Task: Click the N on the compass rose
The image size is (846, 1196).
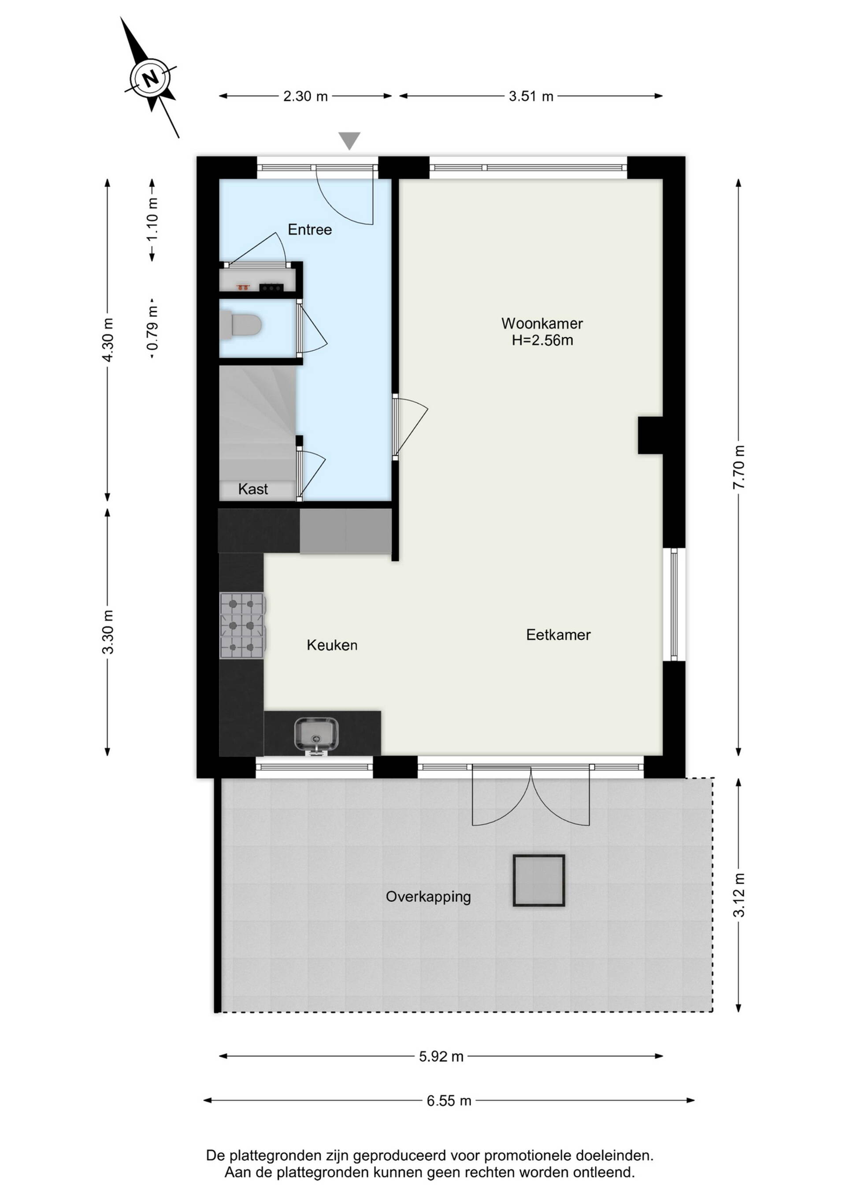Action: (x=151, y=78)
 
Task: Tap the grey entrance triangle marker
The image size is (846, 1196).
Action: (x=349, y=141)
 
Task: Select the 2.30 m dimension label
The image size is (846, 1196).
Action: (x=306, y=97)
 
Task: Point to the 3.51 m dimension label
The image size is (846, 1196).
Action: (x=531, y=97)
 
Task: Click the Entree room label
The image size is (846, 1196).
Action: (x=310, y=230)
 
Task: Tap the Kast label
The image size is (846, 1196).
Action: (x=253, y=489)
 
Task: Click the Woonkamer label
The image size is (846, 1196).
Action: (x=542, y=323)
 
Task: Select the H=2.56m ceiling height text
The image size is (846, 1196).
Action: (x=542, y=341)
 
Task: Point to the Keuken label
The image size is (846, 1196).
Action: (x=332, y=646)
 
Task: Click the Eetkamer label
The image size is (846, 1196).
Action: (x=558, y=635)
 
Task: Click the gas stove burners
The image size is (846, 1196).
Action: (x=242, y=626)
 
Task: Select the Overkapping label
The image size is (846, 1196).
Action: (x=428, y=897)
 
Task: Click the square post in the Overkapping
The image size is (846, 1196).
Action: (x=538, y=880)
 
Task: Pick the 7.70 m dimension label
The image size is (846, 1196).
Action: (x=738, y=467)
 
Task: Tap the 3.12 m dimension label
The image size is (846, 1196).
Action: (x=738, y=895)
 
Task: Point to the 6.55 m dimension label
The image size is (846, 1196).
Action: (x=449, y=1101)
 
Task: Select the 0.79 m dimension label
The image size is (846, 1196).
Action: (x=152, y=329)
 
